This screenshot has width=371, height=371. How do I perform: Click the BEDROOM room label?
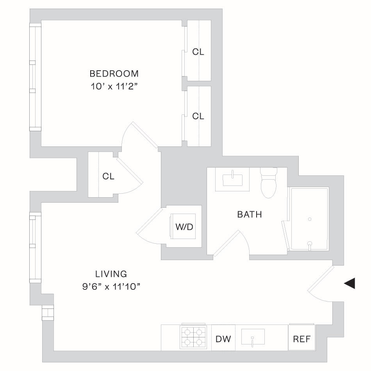(x=114, y=73)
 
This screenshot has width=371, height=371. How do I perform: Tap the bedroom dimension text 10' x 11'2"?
(x=114, y=87)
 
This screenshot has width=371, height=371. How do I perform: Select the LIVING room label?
(x=111, y=274)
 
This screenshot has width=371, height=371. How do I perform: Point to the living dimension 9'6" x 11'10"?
(x=111, y=287)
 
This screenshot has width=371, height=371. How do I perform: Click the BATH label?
(x=250, y=214)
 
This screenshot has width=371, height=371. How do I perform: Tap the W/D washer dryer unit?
(x=183, y=227)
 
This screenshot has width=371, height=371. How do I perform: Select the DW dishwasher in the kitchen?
(x=223, y=339)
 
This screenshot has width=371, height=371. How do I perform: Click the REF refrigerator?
(x=301, y=339)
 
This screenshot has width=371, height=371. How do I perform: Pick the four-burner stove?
(x=193, y=337)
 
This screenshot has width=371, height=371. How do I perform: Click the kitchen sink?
(x=253, y=337)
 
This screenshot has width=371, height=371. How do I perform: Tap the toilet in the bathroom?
(x=269, y=183)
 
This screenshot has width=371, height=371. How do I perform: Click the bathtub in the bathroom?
(x=309, y=219)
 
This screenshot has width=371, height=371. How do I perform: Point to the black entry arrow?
(x=350, y=283)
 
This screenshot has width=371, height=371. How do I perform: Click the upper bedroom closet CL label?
(x=198, y=52)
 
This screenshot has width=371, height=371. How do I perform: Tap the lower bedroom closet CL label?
(x=198, y=116)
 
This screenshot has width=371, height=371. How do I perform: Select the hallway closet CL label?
(x=108, y=176)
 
